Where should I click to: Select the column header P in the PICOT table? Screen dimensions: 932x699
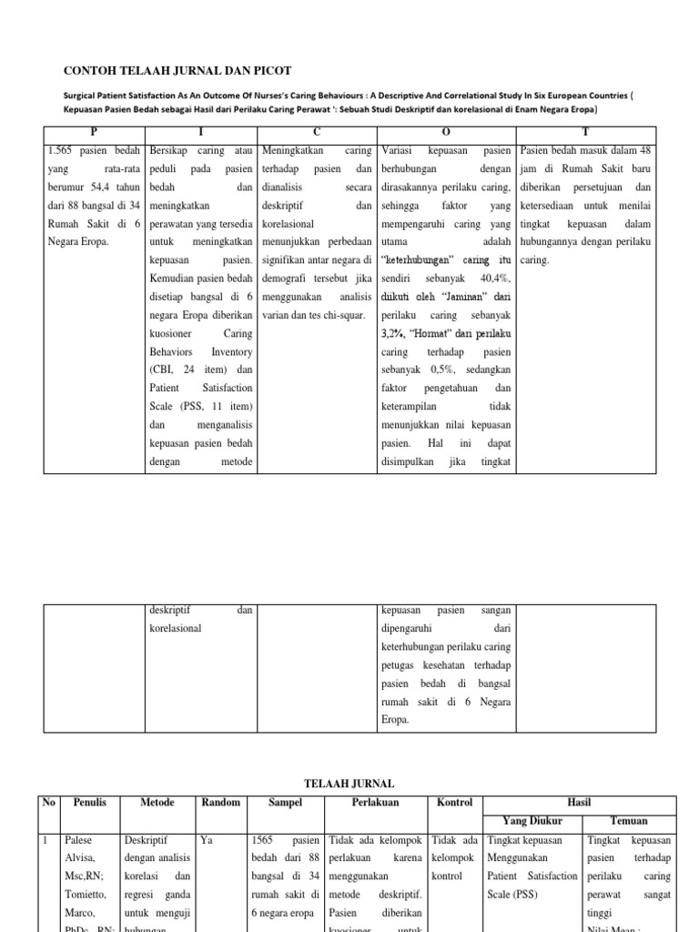(x=92, y=132)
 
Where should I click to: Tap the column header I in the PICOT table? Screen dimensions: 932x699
(x=202, y=132)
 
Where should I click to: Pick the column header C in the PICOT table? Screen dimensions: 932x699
(x=317, y=132)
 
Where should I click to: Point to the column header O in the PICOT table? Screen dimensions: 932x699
(x=446, y=132)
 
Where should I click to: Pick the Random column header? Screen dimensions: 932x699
(x=222, y=802)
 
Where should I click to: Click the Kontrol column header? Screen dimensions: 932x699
(x=455, y=802)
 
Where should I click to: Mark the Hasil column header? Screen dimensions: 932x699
(x=579, y=802)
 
